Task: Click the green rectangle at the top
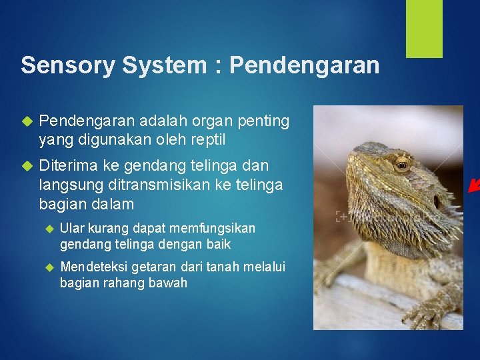pyautogui.click(x=425, y=28)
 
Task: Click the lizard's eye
pyautogui.click(x=401, y=165)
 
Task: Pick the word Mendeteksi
pyautogui.click(x=94, y=267)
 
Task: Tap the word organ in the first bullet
pyautogui.click(x=196, y=121)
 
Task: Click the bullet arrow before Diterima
pyautogui.click(x=27, y=165)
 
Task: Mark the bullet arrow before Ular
pyautogui.click(x=47, y=229)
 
